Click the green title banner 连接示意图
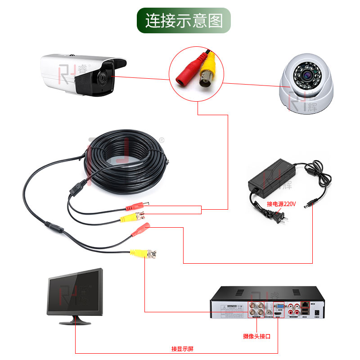click(x=184, y=20)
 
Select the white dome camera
click(x=306, y=85)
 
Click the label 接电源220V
click(x=281, y=204)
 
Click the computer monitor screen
click(x=75, y=293)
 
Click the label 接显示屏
click(x=182, y=349)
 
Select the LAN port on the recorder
click(x=306, y=304)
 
